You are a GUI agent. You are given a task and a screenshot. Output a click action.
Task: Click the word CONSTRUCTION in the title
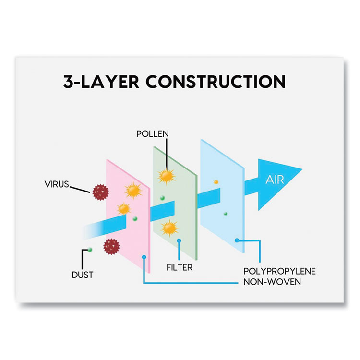(216, 82)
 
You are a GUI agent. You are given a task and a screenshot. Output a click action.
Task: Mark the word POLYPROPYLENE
(279, 271)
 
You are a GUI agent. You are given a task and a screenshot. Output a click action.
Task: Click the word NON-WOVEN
(272, 282)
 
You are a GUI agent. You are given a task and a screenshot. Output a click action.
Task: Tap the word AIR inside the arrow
(274, 180)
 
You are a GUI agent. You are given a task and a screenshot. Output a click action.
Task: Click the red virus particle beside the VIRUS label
(100, 191)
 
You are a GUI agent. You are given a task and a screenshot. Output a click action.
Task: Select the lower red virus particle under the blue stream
(111, 246)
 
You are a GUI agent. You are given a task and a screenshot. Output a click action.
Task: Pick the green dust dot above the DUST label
(90, 250)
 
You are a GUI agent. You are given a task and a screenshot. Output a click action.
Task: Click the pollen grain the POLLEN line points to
(166, 176)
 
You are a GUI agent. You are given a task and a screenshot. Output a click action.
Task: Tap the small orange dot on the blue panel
(216, 182)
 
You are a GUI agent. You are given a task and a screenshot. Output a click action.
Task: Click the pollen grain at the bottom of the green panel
(169, 228)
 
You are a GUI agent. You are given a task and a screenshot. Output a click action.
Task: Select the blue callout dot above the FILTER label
(179, 240)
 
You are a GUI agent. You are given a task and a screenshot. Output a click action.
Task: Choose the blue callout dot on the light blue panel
(237, 240)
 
